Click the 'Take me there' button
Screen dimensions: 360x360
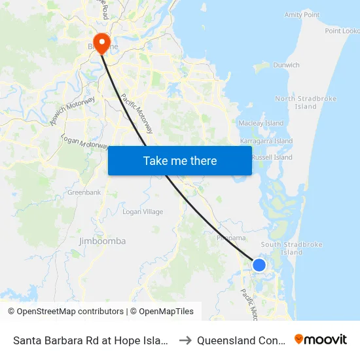[x=180, y=160]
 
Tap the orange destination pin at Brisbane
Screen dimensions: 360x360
[x=101, y=43]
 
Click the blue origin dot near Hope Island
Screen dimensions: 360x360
[x=259, y=265]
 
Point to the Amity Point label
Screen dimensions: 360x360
[x=302, y=14]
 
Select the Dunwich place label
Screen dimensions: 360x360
[x=286, y=65]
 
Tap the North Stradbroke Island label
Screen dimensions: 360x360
[x=306, y=102]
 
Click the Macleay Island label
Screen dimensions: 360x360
[x=261, y=123]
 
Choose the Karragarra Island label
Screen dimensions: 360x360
[x=266, y=141]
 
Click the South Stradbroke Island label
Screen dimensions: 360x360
[x=292, y=248]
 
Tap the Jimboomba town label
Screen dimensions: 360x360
[x=102, y=241]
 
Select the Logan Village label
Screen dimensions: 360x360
[x=143, y=212]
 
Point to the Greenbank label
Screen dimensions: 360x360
[x=84, y=192]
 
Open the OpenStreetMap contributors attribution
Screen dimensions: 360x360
[x=67, y=312]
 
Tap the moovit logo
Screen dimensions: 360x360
[x=321, y=339]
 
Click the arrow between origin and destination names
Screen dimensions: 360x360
[x=185, y=340]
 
